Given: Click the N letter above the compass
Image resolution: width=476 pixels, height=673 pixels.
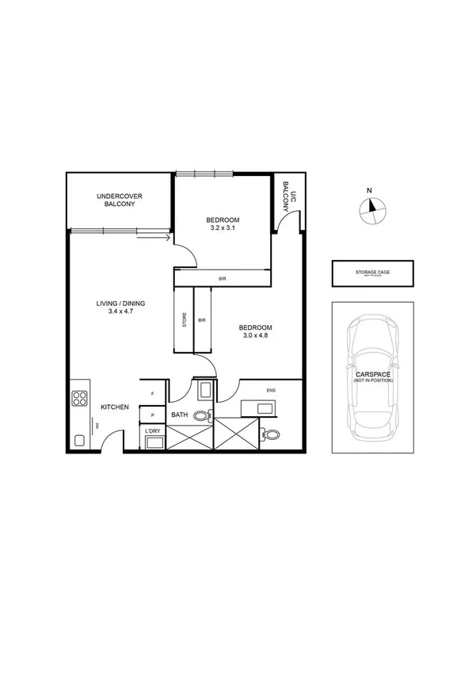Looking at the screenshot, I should [x=368, y=189].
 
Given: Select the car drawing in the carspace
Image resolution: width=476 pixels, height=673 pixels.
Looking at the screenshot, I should [x=371, y=378].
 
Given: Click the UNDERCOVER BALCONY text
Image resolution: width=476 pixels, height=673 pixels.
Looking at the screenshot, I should [x=119, y=200].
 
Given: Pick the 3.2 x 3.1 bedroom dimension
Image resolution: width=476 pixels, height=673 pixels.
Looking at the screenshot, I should [x=223, y=228].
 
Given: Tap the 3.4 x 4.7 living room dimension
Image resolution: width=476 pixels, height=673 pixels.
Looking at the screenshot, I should [x=120, y=312].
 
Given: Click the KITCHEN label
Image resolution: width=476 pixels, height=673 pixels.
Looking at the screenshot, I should [x=115, y=407].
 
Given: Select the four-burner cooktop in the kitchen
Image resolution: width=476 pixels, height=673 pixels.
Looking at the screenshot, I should [x=79, y=398].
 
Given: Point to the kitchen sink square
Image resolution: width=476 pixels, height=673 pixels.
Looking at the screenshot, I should [x=78, y=440].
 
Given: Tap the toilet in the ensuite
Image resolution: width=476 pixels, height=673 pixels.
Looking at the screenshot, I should [x=272, y=434].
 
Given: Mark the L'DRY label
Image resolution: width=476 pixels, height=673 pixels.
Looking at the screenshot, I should [x=152, y=430].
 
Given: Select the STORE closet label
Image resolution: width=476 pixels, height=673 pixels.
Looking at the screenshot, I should [x=184, y=320].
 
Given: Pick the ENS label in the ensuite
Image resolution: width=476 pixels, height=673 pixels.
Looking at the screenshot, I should [x=271, y=389].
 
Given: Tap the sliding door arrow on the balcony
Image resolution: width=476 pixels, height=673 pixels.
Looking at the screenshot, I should [x=164, y=235].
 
